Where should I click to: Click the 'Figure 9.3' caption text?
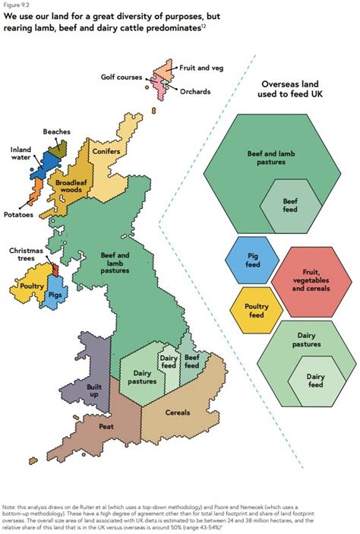17,5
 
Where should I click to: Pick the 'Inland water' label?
21,154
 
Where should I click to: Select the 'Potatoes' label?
17,215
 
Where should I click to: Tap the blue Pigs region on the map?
54,293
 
